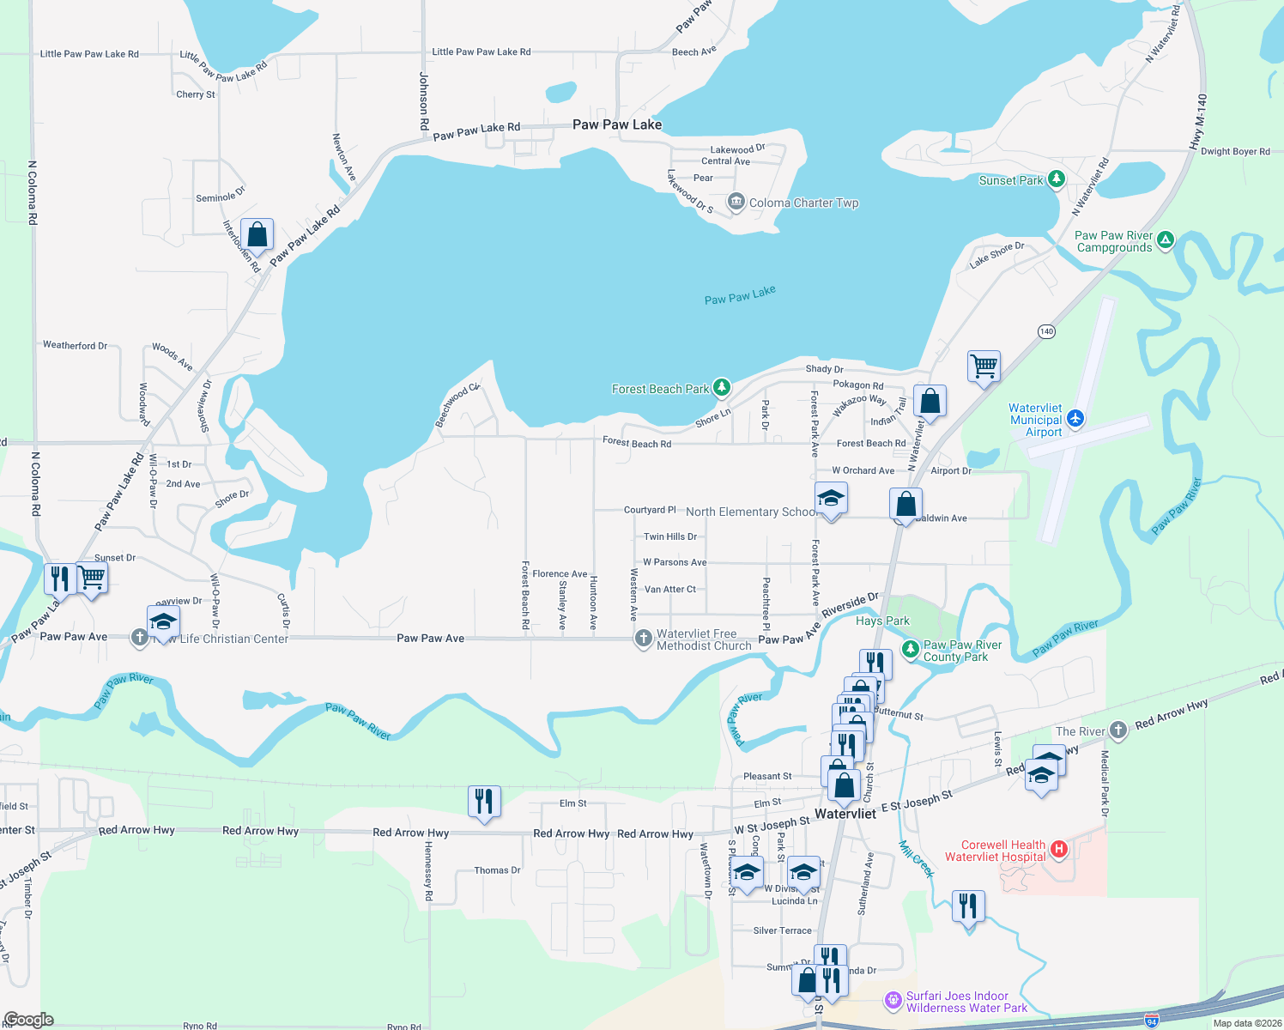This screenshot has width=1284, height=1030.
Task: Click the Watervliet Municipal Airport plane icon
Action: click(1075, 420)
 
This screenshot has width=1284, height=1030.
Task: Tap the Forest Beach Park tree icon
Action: click(722, 388)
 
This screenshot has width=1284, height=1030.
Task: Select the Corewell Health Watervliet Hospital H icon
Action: click(1059, 850)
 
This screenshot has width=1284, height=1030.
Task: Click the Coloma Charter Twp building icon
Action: click(736, 202)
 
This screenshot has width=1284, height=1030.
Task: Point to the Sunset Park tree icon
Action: click(1057, 179)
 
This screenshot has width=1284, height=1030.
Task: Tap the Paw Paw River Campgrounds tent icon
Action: click(1165, 240)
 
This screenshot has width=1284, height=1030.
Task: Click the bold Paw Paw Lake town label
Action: click(616, 124)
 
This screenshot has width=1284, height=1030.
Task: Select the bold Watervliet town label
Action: click(845, 814)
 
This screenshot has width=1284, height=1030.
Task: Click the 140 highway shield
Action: click(1046, 331)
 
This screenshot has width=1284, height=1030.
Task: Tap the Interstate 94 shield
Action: click(1152, 1021)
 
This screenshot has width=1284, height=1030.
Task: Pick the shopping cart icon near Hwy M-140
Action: click(984, 367)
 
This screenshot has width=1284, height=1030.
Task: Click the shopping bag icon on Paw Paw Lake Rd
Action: click(257, 234)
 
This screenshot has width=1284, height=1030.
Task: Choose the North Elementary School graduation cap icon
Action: click(830, 499)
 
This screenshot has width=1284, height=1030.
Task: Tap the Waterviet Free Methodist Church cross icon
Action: click(643, 639)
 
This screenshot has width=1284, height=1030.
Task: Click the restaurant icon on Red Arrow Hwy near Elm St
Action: click(484, 802)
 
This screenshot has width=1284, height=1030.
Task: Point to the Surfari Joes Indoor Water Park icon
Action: click(893, 1001)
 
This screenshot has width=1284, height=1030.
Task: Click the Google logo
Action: click(28, 1019)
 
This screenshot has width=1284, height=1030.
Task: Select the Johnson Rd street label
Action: click(424, 101)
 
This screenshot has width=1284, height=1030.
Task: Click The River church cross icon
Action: click(1117, 730)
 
